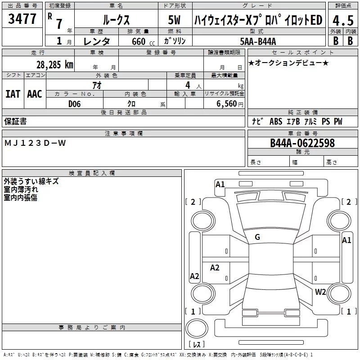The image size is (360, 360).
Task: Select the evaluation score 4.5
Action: click(x=342, y=21)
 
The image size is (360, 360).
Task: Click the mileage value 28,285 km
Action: click(x=55, y=65)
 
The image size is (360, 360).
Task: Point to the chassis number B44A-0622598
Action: click(x=302, y=143)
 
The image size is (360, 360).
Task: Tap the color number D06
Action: click(x=75, y=103)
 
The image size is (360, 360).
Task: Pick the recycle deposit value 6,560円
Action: click(x=229, y=103)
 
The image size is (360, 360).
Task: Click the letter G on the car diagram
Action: click(x=257, y=237)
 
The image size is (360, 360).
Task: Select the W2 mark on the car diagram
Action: click(x=320, y=292)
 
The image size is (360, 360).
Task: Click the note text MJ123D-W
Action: click(x=35, y=143)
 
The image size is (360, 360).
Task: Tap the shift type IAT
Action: click(x=13, y=94)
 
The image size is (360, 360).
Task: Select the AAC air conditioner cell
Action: click(x=35, y=94)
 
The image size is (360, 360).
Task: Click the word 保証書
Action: click(x=15, y=121)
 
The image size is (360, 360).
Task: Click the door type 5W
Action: click(x=175, y=20)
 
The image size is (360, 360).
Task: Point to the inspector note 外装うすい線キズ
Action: click(x=31, y=181)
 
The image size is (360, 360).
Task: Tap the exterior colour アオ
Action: click(x=96, y=85)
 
